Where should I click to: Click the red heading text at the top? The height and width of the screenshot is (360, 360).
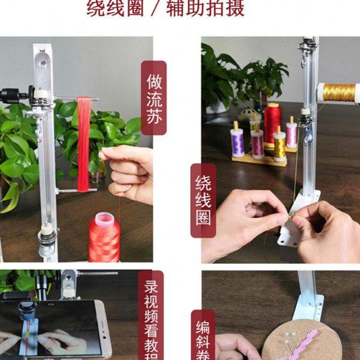tap(166, 8)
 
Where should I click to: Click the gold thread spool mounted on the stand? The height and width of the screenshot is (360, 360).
tap(338, 92)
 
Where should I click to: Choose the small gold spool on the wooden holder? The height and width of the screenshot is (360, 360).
tap(280, 146)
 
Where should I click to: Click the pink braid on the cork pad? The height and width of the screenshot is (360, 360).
tap(306, 342)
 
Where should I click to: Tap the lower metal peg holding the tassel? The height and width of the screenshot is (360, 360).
tap(77, 190)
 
